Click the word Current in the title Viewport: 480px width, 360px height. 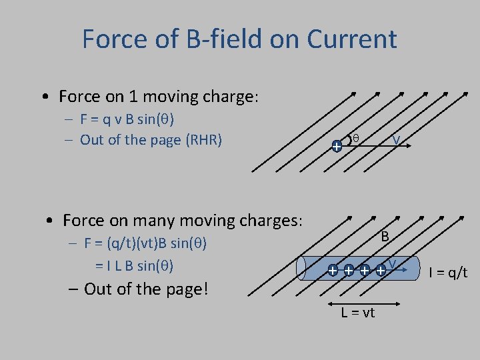(351, 39)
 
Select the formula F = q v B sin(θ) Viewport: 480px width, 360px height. (127, 120)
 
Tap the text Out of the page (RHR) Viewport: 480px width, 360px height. (151, 140)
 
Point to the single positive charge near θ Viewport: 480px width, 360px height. (337, 145)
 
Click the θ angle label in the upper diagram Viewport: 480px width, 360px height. (356, 138)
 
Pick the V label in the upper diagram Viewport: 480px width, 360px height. (396, 140)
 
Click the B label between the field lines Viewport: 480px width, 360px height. (385, 236)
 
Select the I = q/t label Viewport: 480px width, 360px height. (448, 272)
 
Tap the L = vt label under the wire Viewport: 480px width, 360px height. (358, 313)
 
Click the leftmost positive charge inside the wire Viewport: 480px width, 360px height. (332, 271)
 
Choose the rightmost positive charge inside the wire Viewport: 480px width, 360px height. (381, 271)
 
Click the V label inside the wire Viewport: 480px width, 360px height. (393, 264)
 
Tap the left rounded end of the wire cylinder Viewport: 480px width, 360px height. (305, 269)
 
